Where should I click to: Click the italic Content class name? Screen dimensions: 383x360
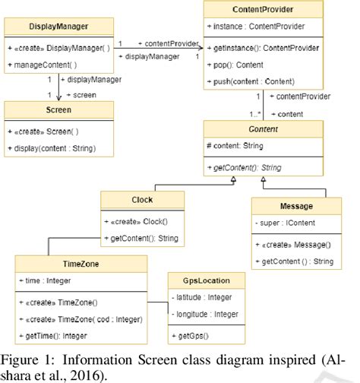point(262,129)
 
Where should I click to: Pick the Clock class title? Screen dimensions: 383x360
point(142,200)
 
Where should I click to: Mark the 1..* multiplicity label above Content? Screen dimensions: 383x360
point(257,113)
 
